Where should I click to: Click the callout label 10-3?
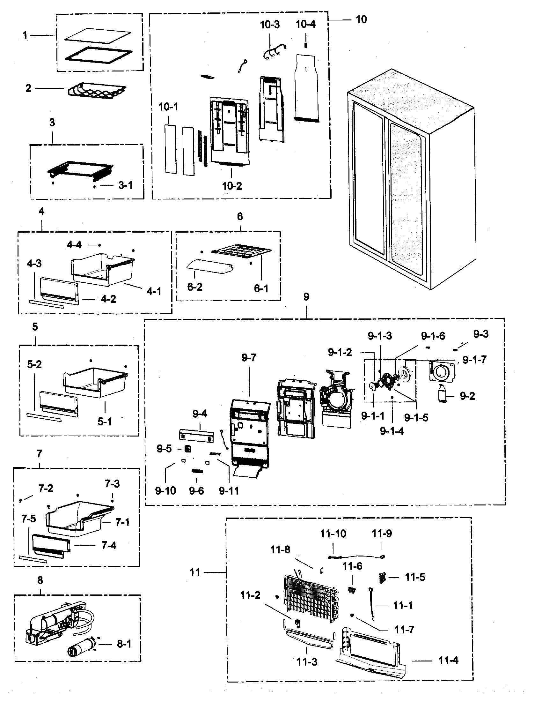[x=270, y=25]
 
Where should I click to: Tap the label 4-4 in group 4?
[x=74, y=245]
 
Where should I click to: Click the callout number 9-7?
[x=249, y=357]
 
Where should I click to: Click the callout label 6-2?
[x=195, y=287]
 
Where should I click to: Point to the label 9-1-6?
[x=433, y=336]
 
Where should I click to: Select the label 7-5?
[x=29, y=519]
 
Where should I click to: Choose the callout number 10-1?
[x=168, y=107]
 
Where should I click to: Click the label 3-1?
[x=125, y=185]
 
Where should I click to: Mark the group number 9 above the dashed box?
[x=306, y=297]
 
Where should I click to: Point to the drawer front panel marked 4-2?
[x=59, y=291]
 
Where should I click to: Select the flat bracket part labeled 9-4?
[x=196, y=436]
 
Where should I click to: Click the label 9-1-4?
[x=392, y=431]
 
